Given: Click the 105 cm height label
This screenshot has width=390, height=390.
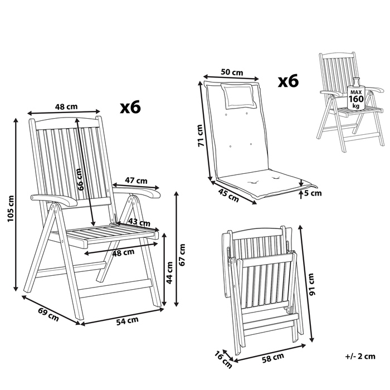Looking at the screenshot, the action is click(11, 208).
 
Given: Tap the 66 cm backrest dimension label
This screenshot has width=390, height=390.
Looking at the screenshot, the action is click(80, 179).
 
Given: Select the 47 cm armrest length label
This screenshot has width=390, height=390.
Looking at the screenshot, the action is click(136, 181).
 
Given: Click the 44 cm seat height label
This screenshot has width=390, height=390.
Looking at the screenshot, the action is click(169, 272).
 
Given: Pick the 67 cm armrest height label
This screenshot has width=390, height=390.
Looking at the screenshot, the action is click(182, 255).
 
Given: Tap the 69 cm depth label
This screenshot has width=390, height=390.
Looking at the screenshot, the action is click(48, 314).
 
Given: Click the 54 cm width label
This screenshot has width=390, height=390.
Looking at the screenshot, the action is click(128, 321).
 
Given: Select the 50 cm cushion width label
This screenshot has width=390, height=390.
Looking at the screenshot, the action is click(232, 72).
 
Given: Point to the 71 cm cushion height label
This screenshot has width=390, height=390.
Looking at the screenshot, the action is click(201, 135).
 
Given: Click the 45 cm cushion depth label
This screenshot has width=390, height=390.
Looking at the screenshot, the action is click(228, 195).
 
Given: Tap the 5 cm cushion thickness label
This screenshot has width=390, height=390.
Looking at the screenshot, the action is click(313, 193).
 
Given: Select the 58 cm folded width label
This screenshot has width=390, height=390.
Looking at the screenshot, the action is click(273, 358).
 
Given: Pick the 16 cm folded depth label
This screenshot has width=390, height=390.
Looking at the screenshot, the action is click(223, 360).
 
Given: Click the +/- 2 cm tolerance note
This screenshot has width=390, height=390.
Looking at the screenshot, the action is click(360, 357).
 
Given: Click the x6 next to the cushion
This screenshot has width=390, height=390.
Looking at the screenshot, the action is click(288, 81).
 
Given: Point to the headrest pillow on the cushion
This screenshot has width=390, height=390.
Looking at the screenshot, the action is click(239, 96).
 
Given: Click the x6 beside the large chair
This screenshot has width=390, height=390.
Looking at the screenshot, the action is click(130, 107).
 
